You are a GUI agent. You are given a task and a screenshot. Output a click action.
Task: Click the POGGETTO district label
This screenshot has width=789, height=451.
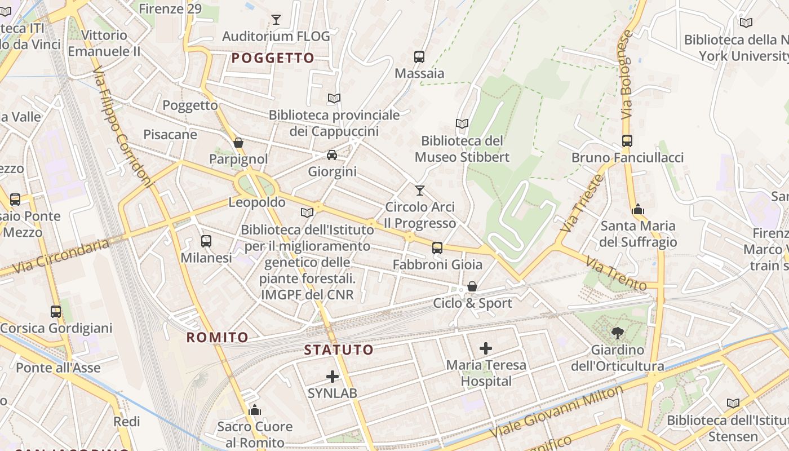tap(273, 58)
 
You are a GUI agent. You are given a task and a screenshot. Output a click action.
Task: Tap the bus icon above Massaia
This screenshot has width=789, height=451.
tap(419, 56)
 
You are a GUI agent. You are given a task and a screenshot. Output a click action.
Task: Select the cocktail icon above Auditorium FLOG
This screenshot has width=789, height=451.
tap(276, 20)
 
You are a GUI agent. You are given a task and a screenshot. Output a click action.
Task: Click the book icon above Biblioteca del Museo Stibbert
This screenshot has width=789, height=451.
tap(462, 123)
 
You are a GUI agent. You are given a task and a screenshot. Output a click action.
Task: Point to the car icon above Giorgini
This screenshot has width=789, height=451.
tap(332, 154)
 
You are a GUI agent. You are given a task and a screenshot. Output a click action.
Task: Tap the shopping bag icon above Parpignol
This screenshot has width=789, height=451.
tap(238, 143)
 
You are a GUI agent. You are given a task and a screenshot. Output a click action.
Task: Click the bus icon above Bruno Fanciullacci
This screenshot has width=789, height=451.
tap(627, 141)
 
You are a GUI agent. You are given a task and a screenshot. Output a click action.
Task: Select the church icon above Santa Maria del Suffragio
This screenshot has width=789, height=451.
tap(638, 210)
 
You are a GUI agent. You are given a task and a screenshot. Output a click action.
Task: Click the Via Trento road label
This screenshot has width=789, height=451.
tap(615, 273)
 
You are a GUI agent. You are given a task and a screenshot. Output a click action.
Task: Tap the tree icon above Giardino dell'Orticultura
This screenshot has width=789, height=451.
tap(618, 333)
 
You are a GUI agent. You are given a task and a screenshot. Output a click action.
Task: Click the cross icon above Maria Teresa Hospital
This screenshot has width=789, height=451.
tap(486, 348)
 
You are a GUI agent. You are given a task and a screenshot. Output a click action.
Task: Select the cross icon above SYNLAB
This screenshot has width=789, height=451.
tap(333, 376)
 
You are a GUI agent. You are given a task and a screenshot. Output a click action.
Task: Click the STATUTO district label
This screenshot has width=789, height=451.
tap(339, 350)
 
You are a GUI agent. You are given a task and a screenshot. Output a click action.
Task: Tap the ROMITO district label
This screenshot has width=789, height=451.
tap(218, 338)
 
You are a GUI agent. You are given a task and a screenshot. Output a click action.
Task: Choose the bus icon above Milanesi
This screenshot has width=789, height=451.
tap(206, 241)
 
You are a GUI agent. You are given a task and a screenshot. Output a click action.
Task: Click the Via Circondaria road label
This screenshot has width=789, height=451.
tap(61, 257)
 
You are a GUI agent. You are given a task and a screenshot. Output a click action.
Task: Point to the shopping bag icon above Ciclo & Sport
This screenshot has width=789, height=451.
tap(472, 287)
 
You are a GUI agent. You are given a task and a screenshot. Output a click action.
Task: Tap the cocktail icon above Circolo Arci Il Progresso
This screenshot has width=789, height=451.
tap(419, 191)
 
